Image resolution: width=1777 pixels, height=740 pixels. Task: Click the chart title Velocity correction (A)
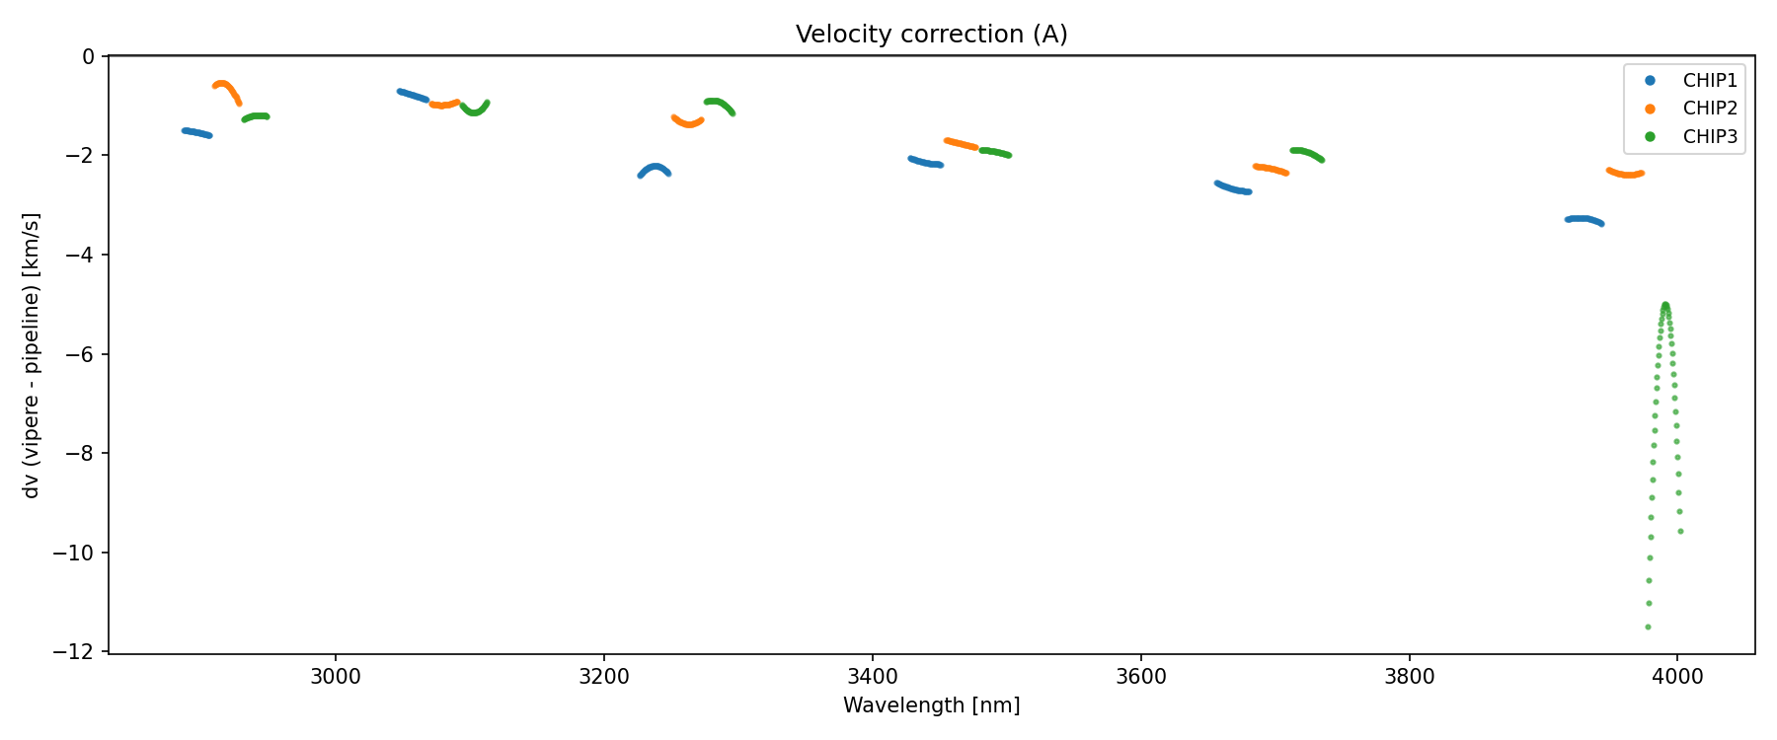pos(931,35)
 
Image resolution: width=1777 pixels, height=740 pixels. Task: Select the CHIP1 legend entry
pos(1709,81)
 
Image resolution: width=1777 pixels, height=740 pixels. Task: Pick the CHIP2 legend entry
pos(1709,109)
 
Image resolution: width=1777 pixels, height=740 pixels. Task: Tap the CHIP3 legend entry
pos(1709,137)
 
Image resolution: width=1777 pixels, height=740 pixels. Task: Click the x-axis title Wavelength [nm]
pos(931,705)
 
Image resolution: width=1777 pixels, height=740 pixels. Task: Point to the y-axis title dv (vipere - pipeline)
pos(32,355)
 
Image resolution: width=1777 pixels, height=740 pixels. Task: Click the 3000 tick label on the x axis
pos(336,677)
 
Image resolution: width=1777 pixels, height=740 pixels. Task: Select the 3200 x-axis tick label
pos(604,677)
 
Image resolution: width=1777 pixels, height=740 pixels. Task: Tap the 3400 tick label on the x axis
pos(873,677)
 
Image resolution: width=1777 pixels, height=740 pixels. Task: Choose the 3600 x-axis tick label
pos(1140,677)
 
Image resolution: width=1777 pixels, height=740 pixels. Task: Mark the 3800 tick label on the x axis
pos(1409,677)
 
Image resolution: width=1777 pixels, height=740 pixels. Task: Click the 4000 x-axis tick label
pos(1677,677)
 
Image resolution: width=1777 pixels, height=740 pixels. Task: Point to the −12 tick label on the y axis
pos(79,652)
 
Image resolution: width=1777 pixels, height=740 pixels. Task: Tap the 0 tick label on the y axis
pos(89,56)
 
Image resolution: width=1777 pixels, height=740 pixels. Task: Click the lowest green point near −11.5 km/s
pos(1648,627)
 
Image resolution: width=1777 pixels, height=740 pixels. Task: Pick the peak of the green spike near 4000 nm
pos(1665,305)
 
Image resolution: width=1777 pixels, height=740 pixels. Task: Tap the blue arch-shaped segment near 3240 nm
pos(655,166)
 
